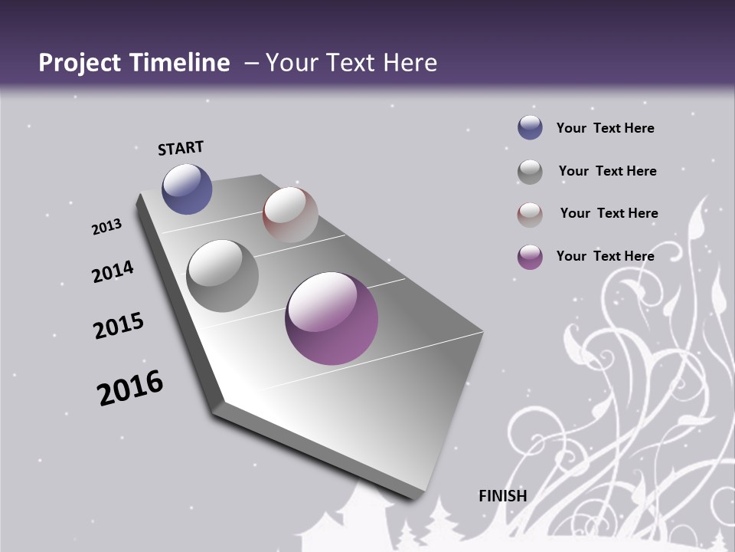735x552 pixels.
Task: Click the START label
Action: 181,148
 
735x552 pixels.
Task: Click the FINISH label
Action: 503,496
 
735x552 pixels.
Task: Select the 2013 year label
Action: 106,227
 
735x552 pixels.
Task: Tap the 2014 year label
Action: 113,271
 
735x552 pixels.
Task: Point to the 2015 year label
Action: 119,326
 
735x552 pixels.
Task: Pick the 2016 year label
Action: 130,387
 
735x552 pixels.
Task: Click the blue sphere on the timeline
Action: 187,189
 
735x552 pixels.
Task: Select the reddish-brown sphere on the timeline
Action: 290,214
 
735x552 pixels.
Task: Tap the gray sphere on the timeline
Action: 222,276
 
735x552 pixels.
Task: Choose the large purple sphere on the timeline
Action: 332,318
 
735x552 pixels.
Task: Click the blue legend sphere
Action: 530,128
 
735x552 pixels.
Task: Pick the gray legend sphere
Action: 530,172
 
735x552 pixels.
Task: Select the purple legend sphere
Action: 530,257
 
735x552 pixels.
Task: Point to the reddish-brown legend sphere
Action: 530,215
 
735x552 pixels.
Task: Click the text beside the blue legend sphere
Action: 605,128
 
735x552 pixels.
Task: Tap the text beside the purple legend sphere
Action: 605,256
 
